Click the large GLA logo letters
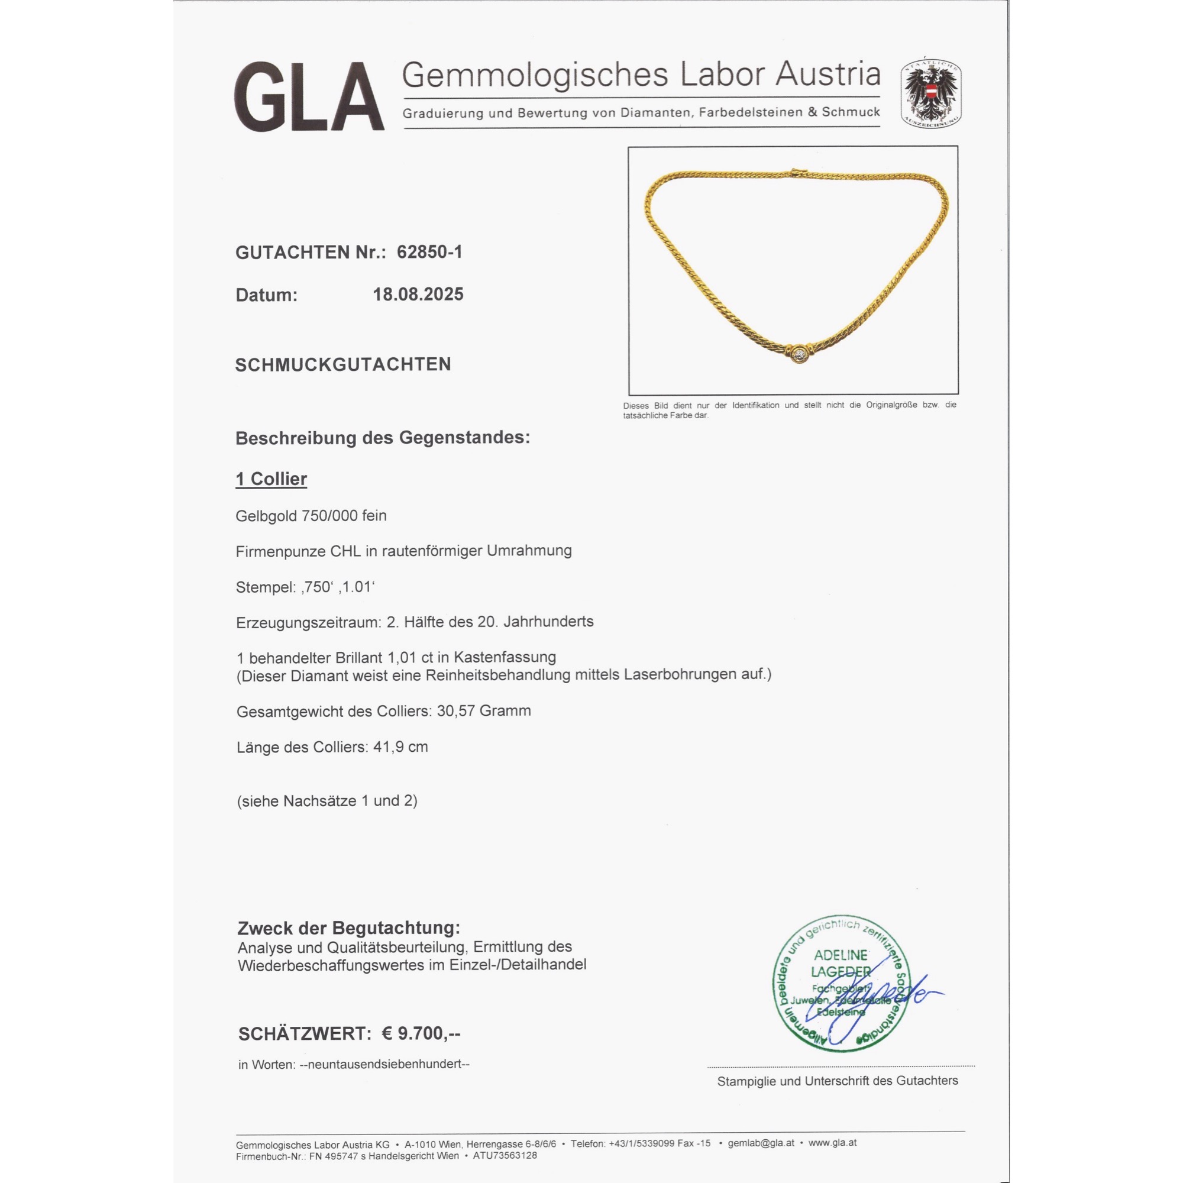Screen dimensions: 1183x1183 [309, 97]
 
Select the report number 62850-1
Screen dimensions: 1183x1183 [429, 251]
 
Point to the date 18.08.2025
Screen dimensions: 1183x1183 [418, 295]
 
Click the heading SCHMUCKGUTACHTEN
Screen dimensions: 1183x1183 [343, 364]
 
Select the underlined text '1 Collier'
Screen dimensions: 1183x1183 [271, 479]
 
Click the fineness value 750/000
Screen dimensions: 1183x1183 [330, 516]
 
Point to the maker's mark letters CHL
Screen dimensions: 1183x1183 [345, 551]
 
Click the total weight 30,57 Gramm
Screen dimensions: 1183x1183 [484, 711]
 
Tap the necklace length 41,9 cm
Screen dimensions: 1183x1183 [400, 747]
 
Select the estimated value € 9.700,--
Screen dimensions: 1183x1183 [421, 1033]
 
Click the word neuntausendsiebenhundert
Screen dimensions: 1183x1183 [384, 1064]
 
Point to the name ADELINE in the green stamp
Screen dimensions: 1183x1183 [840, 955]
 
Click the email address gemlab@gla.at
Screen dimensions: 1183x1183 [761, 1143]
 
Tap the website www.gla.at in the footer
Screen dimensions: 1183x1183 [832, 1143]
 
